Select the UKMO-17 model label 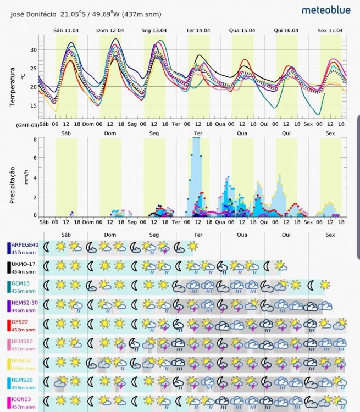22,264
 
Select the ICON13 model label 20,398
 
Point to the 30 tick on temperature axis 33,50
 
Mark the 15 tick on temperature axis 33,105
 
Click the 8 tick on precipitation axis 35,140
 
